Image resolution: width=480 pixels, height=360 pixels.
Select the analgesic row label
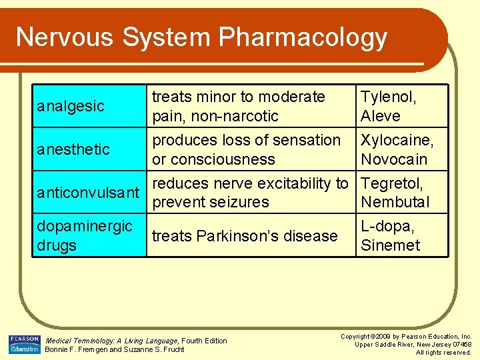pyautogui.click(x=71, y=106)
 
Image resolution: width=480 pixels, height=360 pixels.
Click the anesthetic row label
pyautogui.click(x=73, y=149)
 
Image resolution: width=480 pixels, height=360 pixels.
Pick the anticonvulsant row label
pyautogui.click(x=88, y=193)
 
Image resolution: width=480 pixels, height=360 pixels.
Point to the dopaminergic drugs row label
pyautogui.click(x=85, y=235)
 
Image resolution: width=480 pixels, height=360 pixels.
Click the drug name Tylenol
pyautogui.click(x=388, y=97)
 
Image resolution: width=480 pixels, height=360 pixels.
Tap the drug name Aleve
pyautogui.click(x=381, y=116)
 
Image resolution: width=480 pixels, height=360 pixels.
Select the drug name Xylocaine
pyautogui.click(x=397, y=141)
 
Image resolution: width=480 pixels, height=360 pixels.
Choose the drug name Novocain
pyautogui.click(x=394, y=159)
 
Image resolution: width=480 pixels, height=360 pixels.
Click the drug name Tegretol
pyautogui.click(x=392, y=183)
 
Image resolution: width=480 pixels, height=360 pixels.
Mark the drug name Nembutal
pyautogui.click(x=395, y=202)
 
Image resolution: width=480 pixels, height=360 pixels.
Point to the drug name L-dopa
pyautogui.click(x=387, y=226)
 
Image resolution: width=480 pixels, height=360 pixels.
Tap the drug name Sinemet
pyautogui.click(x=390, y=245)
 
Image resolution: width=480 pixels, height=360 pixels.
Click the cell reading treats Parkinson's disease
pyautogui.click(x=245, y=236)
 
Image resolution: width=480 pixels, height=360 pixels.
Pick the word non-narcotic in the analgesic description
pyautogui.click(x=235, y=116)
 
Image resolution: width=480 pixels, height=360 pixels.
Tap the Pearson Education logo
pyautogui.click(x=25, y=344)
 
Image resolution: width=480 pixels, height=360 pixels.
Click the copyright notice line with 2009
pyautogui.click(x=406, y=337)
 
